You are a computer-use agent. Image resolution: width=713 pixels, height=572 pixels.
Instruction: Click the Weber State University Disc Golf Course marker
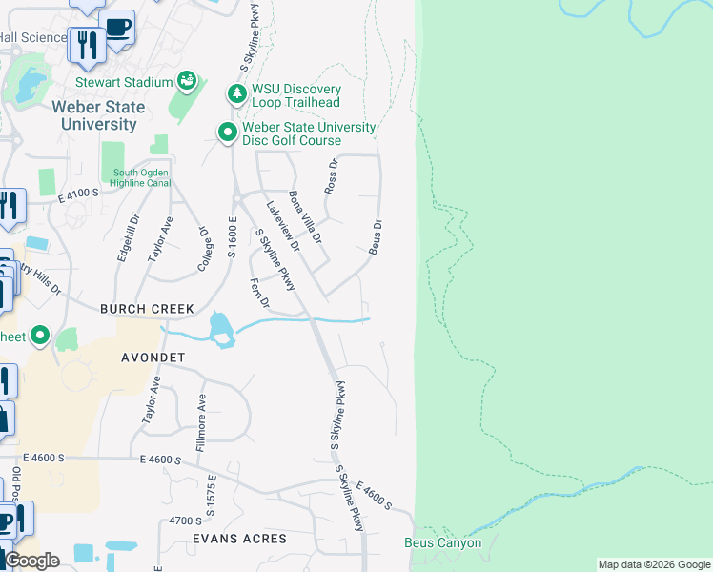click(x=227, y=133)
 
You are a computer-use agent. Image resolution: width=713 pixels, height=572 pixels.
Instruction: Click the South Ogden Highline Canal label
click(x=140, y=177)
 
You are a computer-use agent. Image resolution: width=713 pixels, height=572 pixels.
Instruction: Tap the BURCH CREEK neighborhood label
click(x=148, y=309)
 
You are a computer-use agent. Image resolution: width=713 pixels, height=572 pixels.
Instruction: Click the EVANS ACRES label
click(x=238, y=539)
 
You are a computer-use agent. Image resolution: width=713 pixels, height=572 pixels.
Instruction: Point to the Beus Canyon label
click(x=443, y=543)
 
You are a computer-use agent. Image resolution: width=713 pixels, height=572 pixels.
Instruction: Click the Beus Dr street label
click(x=377, y=236)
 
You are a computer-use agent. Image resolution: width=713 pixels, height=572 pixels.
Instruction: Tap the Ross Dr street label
click(x=332, y=181)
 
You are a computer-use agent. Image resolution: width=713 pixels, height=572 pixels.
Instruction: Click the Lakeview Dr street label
click(x=283, y=226)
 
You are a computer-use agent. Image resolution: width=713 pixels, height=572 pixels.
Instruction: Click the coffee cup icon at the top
click(x=117, y=28)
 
